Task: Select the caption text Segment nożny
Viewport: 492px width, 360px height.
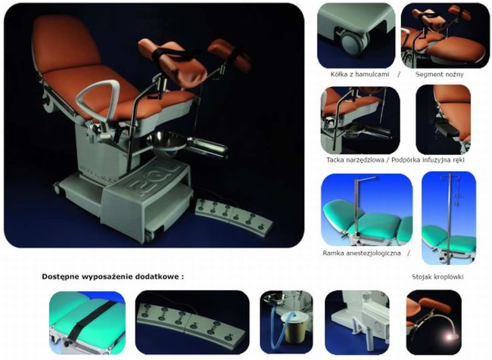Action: pyautogui.click(x=439, y=74)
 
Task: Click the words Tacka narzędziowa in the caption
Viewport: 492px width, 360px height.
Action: pyautogui.click(x=355, y=160)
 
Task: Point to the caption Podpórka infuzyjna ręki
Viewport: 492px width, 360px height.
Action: pyautogui.click(x=428, y=160)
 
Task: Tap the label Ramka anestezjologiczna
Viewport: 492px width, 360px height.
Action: pyautogui.click(x=362, y=253)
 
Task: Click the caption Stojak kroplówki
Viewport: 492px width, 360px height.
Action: pyautogui.click(x=438, y=277)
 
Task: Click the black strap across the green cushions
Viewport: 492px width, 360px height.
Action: pyautogui.click(x=89, y=320)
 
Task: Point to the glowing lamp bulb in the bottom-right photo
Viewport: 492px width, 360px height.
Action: pyautogui.click(x=451, y=337)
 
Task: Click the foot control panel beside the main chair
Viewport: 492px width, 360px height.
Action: pyautogui.click(x=234, y=216)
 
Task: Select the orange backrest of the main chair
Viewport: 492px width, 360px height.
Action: pyautogui.click(x=65, y=44)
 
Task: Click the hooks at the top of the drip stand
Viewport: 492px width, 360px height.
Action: pyautogui.click(x=450, y=178)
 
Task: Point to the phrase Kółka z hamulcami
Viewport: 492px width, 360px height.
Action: pyautogui.click(x=360, y=74)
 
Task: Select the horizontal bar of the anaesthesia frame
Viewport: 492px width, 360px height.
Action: pyautogui.click(x=366, y=178)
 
